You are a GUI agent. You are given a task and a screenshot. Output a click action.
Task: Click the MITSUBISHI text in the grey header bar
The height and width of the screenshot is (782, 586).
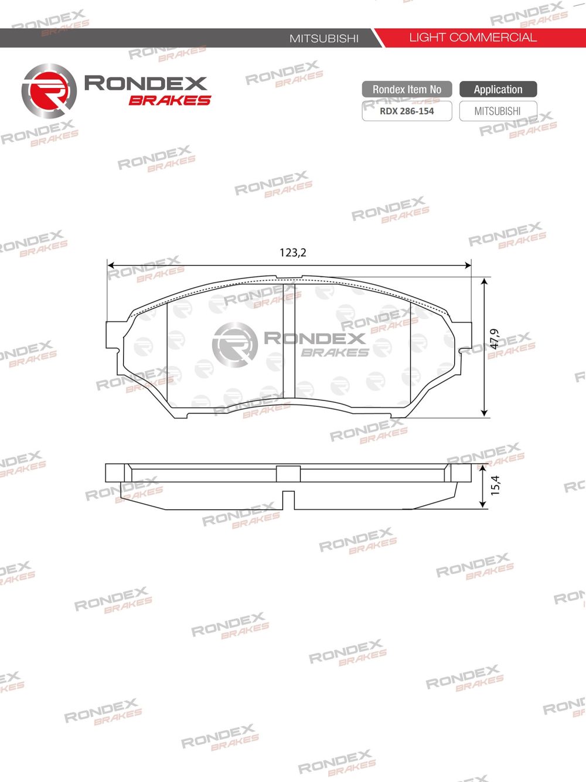pyautogui.click(x=324, y=38)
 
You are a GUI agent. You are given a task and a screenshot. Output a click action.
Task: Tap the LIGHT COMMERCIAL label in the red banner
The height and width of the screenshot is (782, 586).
pyautogui.click(x=472, y=38)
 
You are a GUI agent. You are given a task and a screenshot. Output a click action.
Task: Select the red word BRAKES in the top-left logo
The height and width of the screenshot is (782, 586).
pyautogui.click(x=169, y=100)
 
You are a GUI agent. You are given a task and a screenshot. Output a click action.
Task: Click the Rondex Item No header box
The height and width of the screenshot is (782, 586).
pyautogui.click(x=407, y=89)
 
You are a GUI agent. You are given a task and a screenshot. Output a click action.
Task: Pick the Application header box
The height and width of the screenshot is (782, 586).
pyautogui.click(x=498, y=89)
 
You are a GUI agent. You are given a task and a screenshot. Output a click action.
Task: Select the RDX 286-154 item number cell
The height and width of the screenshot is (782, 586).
pyautogui.click(x=407, y=111)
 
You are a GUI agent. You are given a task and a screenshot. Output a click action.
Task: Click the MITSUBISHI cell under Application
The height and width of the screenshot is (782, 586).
pyautogui.click(x=498, y=111)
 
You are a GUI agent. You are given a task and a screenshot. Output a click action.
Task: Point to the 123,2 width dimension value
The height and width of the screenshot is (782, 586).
pyautogui.click(x=293, y=253)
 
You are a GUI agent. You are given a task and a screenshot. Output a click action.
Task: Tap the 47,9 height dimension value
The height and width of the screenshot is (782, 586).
pyautogui.click(x=495, y=339)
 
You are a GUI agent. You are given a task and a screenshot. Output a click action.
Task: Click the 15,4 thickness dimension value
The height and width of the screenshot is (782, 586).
pyautogui.click(x=495, y=485)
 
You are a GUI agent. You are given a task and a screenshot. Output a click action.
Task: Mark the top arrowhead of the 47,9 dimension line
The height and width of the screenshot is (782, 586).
pyautogui.click(x=484, y=282)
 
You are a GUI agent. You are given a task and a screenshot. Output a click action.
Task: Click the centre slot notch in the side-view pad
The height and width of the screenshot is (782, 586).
pyautogui.click(x=288, y=499)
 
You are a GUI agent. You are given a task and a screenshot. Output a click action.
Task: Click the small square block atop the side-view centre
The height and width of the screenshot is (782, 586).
pyautogui.click(x=288, y=473)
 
